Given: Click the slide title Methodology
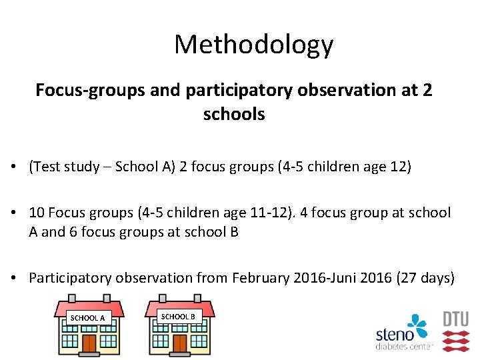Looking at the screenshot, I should pyautogui.click(x=253, y=45).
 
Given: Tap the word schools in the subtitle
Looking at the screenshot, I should pyautogui.click(x=234, y=114).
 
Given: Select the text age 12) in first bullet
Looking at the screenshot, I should pyautogui.click(x=387, y=166).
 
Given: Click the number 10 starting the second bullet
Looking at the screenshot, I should pyautogui.click(x=37, y=213).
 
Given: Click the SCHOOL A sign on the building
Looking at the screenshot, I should pyautogui.click(x=87, y=318).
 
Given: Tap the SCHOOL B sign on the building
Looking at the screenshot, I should pyautogui.click(x=178, y=316).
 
